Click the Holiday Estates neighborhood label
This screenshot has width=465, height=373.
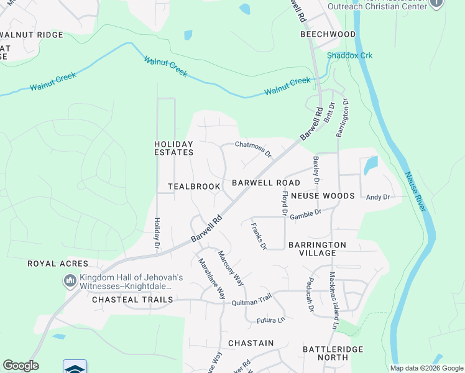point(174,148)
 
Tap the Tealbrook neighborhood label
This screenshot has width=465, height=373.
point(194,186)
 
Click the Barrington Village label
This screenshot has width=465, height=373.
point(317,249)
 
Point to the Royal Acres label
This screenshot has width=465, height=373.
point(54,264)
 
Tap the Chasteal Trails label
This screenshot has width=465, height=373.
point(132,300)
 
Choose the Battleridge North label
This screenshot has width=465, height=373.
point(333,353)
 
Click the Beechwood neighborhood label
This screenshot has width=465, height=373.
point(328,34)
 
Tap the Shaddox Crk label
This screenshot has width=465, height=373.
point(350,55)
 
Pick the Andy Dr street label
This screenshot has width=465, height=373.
point(377,197)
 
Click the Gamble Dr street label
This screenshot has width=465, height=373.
point(305,213)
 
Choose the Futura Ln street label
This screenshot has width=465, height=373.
point(270,321)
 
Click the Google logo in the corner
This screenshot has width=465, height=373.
point(21,366)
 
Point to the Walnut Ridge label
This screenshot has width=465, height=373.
point(32,35)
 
